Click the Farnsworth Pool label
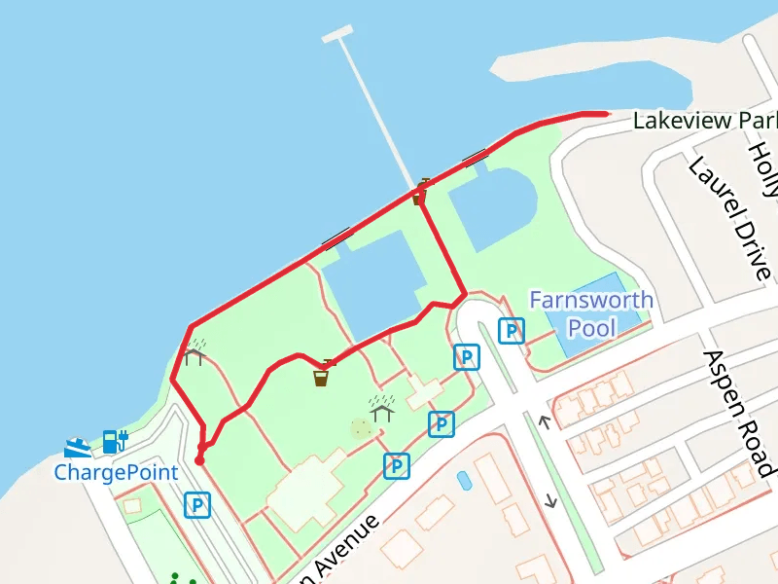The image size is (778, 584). [x=591, y=312]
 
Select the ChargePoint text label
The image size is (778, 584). [x=116, y=473]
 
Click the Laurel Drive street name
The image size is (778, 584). [x=728, y=216]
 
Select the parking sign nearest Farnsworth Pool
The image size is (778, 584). [x=512, y=331]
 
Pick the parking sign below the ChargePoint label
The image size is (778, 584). [x=197, y=504]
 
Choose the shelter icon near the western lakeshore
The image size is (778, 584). [x=194, y=352]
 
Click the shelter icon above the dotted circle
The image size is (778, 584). [x=381, y=408]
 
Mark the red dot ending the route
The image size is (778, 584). [x=199, y=460]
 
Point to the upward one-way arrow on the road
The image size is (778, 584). [x=545, y=421]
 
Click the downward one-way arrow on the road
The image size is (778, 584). [x=552, y=500]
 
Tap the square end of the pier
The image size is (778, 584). [x=337, y=34]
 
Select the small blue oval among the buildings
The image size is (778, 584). [x=464, y=480]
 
